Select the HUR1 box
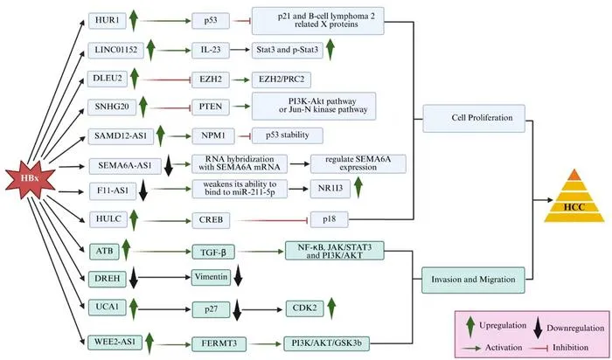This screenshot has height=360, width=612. click(x=108, y=21)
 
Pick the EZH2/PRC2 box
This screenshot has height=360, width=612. click(x=281, y=80)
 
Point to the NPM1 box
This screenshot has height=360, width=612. click(x=213, y=136)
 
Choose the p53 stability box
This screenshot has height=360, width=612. click(x=288, y=135)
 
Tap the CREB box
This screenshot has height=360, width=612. click(x=211, y=220)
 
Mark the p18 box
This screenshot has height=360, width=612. click(x=329, y=219)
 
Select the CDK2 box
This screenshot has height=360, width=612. click(x=304, y=308)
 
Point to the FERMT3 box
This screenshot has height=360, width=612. click(x=219, y=344)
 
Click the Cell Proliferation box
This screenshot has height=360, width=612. click(x=474, y=118)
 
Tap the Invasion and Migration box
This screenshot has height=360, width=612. click(x=473, y=280)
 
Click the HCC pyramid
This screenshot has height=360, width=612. click(x=574, y=196)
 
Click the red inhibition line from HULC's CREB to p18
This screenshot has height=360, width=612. click(x=273, y=221)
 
